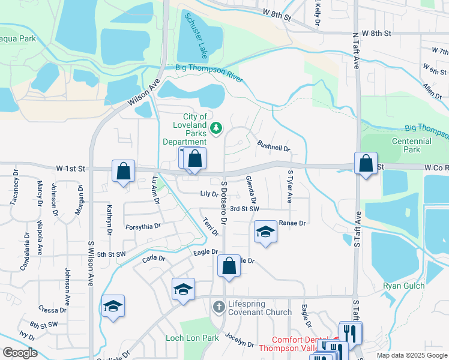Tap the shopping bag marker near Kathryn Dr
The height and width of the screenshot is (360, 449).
(x=123, y=171)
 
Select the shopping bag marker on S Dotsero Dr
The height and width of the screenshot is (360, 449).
(x=229, y=266)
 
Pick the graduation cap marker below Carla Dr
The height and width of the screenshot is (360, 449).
(x=183, y=289)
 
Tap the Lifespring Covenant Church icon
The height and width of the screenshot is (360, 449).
(x=219, y=307)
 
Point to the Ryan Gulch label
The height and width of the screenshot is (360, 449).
(x=403, y=286)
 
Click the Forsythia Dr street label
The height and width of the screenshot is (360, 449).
(x=143, y=226)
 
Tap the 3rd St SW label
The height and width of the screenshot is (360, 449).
(x=244, y=209)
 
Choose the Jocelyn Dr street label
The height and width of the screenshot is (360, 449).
(x=240, y=340)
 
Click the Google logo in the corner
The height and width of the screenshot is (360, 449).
(x=20, y=353)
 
